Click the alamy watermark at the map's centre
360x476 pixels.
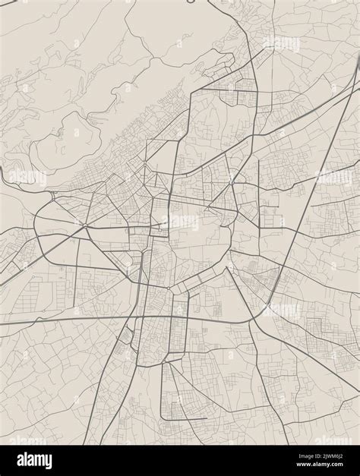coord(180,222)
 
